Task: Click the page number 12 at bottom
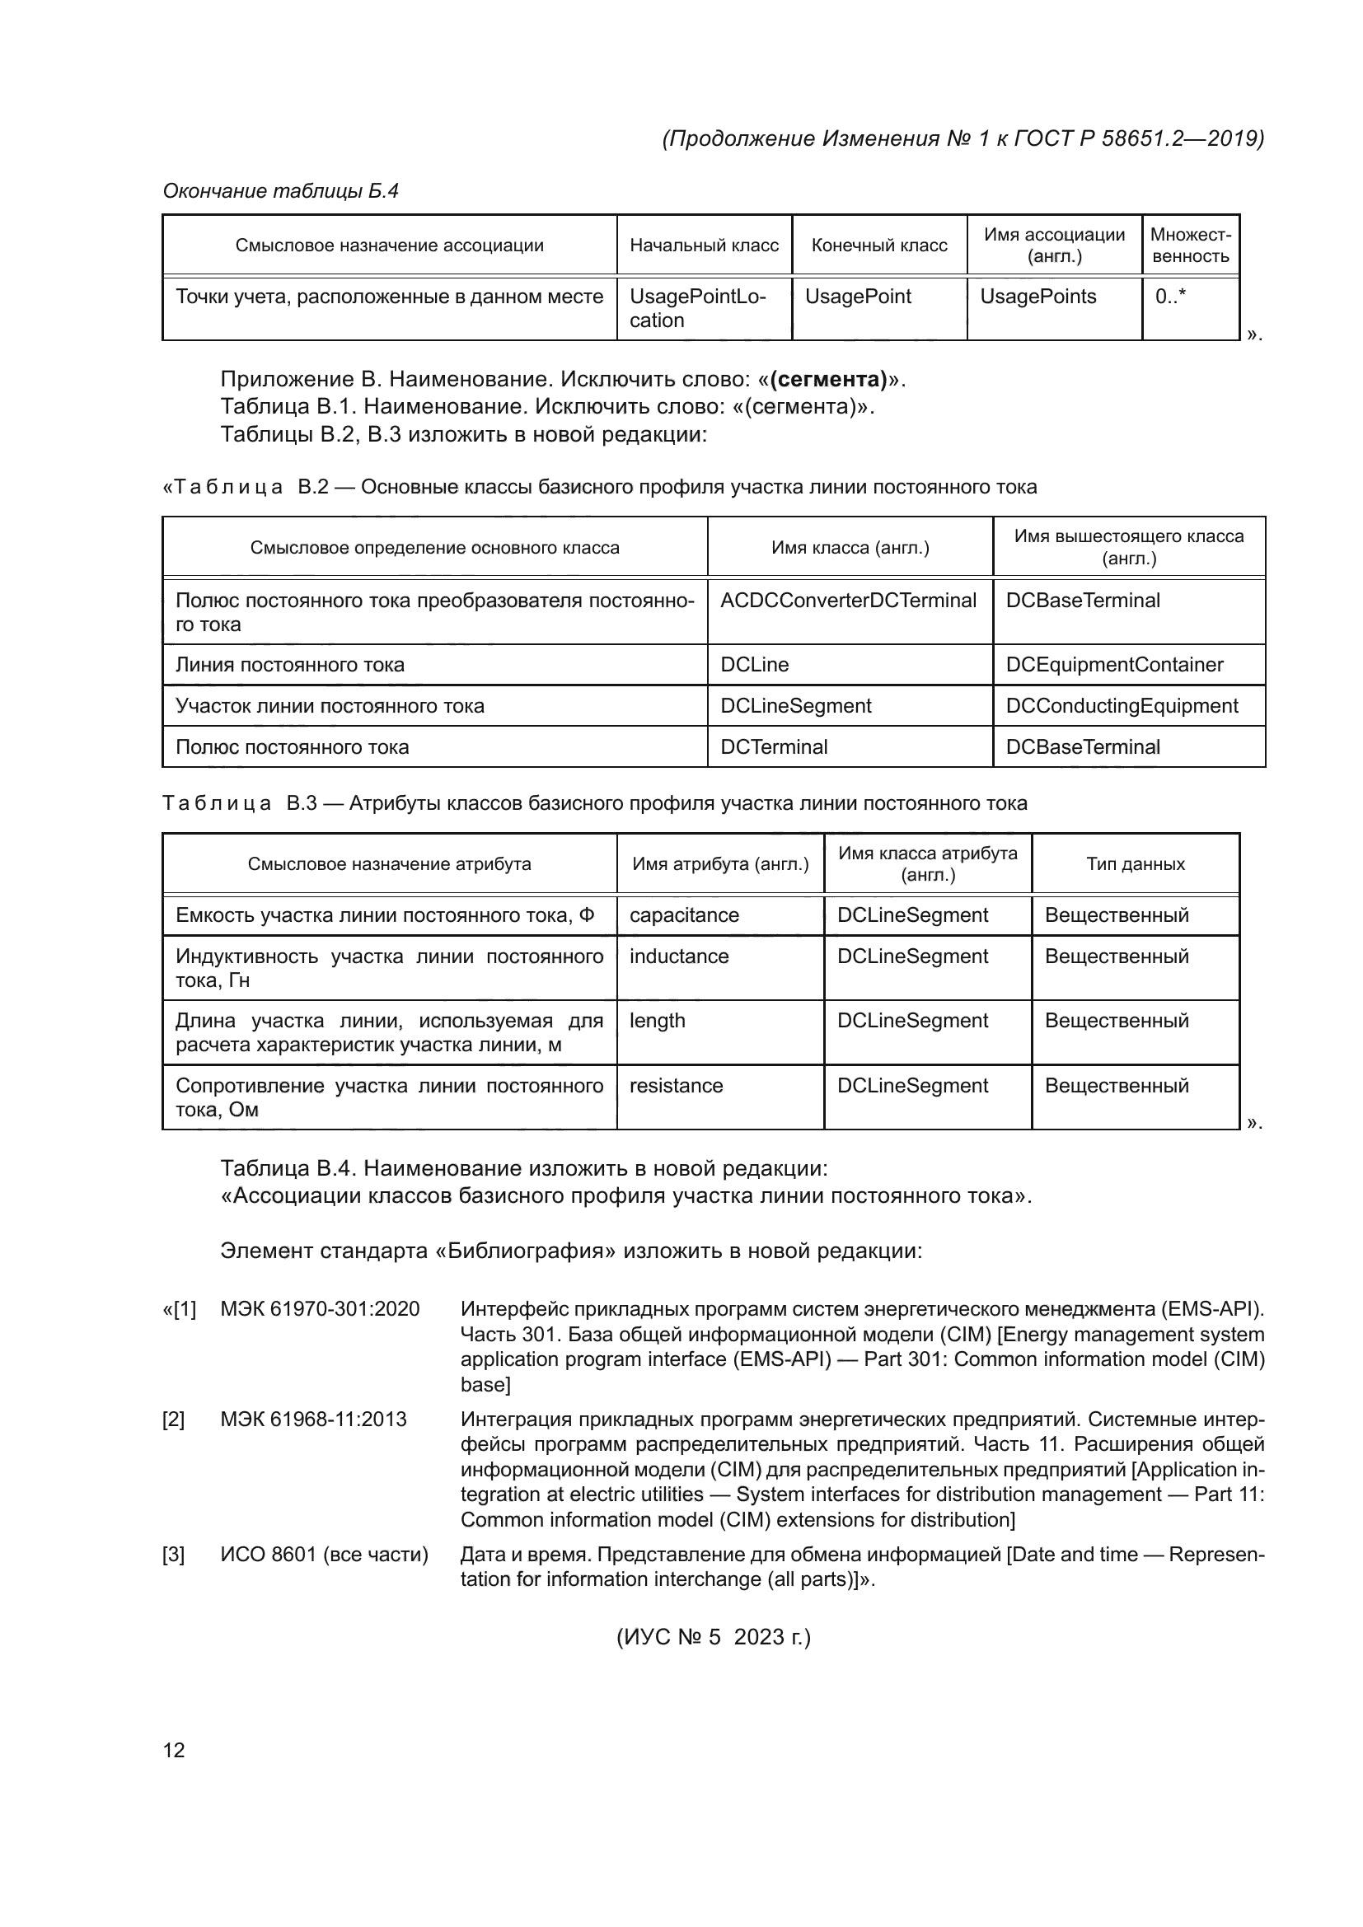click(174, 1749)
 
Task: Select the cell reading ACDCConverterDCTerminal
click(848, 601)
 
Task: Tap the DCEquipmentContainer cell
click(1114, 665)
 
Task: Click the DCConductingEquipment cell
click(1122, 706)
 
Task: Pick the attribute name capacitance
click(684, 914)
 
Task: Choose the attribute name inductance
click(679, 956)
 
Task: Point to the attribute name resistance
click(676, 1085)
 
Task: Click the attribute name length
click(657, 1021)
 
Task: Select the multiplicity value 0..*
click(1170, 297)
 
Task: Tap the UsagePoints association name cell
click(1037, 297)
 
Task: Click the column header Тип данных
click(1135, 863)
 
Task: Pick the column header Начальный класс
click(704, 245)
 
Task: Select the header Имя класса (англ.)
click(850, 548)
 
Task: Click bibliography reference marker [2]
click(174, 1420)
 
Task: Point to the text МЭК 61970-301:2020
click(320, 1308)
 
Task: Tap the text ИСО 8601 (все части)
click(324, 1555)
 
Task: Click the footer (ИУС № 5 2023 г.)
click(714, 1637)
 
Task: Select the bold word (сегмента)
click(828, 379)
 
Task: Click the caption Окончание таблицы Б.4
click(280, 191)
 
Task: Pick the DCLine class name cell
click(755, 665)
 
